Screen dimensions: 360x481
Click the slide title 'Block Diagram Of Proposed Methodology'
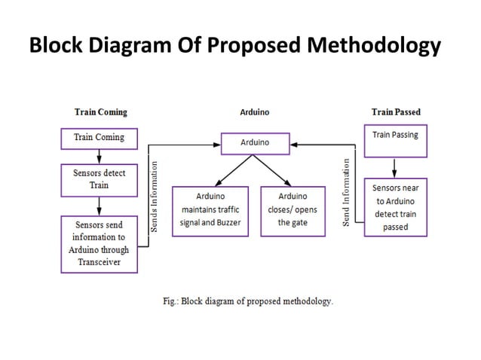pos(234,47)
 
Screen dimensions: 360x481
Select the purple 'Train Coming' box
pos(98,138)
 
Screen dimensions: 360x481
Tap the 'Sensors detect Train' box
pos(99,179)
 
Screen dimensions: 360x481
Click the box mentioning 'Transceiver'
pos(98,243)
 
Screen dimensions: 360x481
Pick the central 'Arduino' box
pos(254,142)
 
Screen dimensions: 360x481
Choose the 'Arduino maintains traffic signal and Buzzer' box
pos(210,210)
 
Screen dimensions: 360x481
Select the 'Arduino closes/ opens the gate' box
pos(293,210)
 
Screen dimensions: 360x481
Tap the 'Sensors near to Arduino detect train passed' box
pos(395,206)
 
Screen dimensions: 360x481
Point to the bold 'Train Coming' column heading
pos(100,112)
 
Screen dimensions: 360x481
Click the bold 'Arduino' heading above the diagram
pos(254,112)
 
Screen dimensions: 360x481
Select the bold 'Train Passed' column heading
pos(396,112)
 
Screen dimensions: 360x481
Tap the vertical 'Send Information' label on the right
pos(346,193)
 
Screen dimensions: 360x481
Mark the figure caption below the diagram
pos(248,301)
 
